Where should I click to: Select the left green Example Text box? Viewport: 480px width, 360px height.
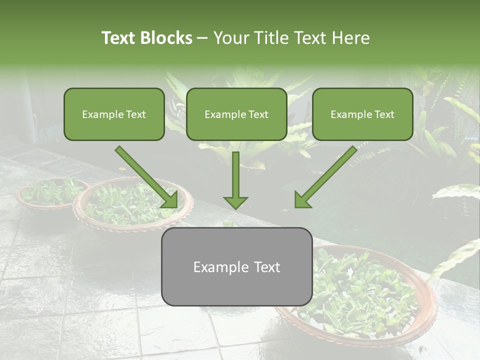[x=114, y=114]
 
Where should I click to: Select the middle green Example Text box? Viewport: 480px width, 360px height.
[x=236, y=114]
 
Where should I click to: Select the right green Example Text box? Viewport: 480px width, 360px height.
[x=362, y=114]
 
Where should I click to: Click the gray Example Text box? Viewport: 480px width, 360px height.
[x=236, y=266]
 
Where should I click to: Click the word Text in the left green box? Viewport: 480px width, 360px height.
[x=135, y=114]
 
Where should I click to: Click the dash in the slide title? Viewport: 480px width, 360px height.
[x=202, y=38]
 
